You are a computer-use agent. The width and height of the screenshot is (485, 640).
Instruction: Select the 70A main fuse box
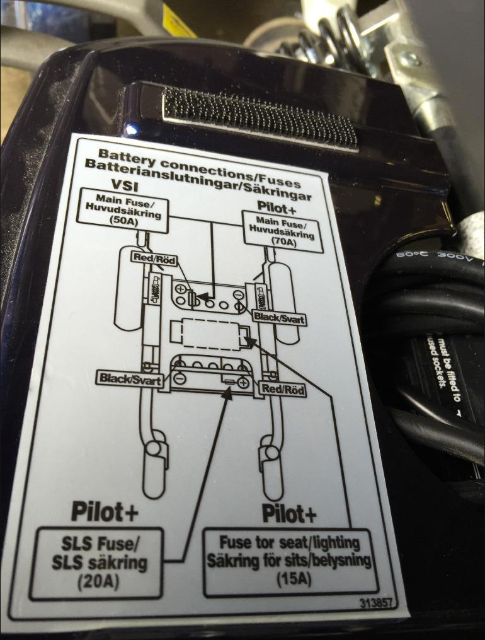[283, 231]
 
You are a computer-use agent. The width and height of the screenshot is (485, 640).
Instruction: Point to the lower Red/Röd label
[284, 390]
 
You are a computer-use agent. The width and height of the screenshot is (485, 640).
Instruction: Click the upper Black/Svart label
[280, 319]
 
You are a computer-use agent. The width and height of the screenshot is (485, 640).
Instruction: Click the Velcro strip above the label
[259, 117]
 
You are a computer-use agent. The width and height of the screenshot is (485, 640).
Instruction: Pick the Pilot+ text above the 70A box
[278, 206]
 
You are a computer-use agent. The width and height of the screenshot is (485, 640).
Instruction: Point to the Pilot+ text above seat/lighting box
[289, 514]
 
